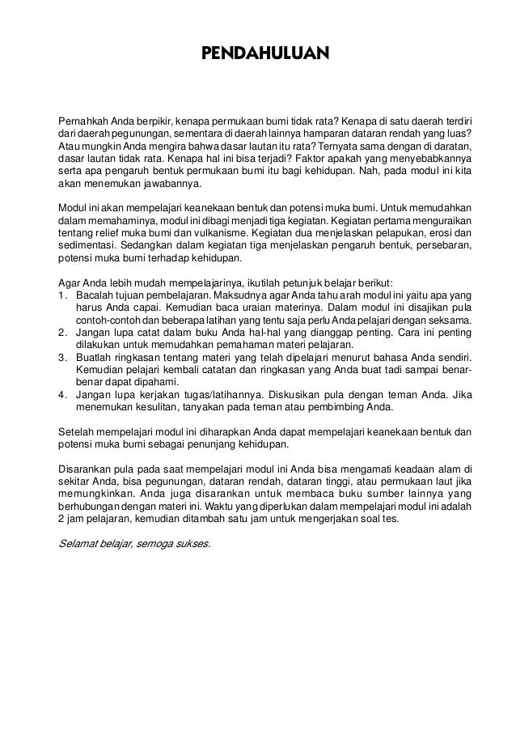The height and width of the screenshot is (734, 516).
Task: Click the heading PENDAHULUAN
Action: coord(265,55)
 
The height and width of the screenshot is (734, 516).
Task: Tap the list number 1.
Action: coord(64,295)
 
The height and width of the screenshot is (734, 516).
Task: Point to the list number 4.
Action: coord(64,399)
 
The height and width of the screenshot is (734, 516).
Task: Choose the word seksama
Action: coord(450,320)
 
